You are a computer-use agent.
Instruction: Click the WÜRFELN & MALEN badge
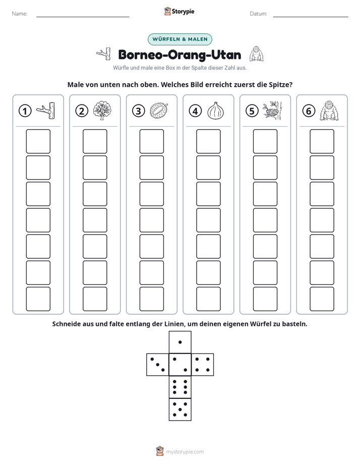[179, 39]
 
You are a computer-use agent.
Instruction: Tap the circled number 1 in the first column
[25, 111]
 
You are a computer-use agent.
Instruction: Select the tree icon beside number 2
[102, 110]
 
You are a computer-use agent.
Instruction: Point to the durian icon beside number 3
[159, 111]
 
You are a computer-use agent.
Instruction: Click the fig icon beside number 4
[216, 111]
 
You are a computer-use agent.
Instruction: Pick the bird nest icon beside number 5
[272, 110]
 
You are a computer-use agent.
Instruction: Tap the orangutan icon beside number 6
[329, 111]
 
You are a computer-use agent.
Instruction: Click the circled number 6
[309, 111]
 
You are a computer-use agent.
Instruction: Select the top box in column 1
[38, 141]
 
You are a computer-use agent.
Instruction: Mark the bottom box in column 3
[151, 299]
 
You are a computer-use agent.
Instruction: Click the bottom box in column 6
[322, 299]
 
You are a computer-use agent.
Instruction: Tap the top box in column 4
[208, 141]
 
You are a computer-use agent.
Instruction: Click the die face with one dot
[180, 342]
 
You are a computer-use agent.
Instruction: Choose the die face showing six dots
[180, 387]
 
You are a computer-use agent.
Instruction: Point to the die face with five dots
[180, 410]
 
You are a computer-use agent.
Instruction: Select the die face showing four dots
[203, 365]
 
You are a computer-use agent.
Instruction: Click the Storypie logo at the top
[179, 11]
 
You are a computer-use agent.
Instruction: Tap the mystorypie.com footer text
[185, 452]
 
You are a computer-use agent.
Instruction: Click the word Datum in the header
[258, 14]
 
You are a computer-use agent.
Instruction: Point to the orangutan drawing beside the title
[256, 54]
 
